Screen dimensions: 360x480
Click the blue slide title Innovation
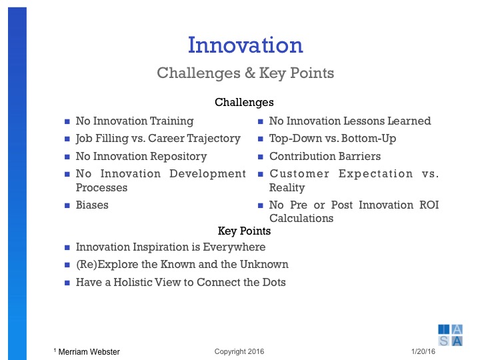click(x=245, y=45)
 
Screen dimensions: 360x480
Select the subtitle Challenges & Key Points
click(x=245, y=73)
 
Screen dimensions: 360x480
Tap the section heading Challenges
click(x=244, y=103)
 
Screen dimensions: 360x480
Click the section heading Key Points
click(x=244, y=231)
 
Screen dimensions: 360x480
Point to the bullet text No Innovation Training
click(x=134, y=121)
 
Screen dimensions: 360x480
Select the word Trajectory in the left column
click(x=212, y=139)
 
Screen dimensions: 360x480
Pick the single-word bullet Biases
click(x=92, y=205)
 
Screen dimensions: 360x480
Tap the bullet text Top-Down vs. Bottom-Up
click(x=324, y=139)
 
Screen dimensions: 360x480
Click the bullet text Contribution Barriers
click(x=325, y=156)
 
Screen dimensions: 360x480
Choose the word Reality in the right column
click(x=287, y=188)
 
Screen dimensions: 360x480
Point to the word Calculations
click(x=301, y=218)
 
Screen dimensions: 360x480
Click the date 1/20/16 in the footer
click(x=422, y=351)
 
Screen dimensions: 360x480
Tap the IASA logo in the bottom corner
click(x=450, y=335)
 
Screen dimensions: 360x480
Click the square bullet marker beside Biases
click(x=67, y=205)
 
